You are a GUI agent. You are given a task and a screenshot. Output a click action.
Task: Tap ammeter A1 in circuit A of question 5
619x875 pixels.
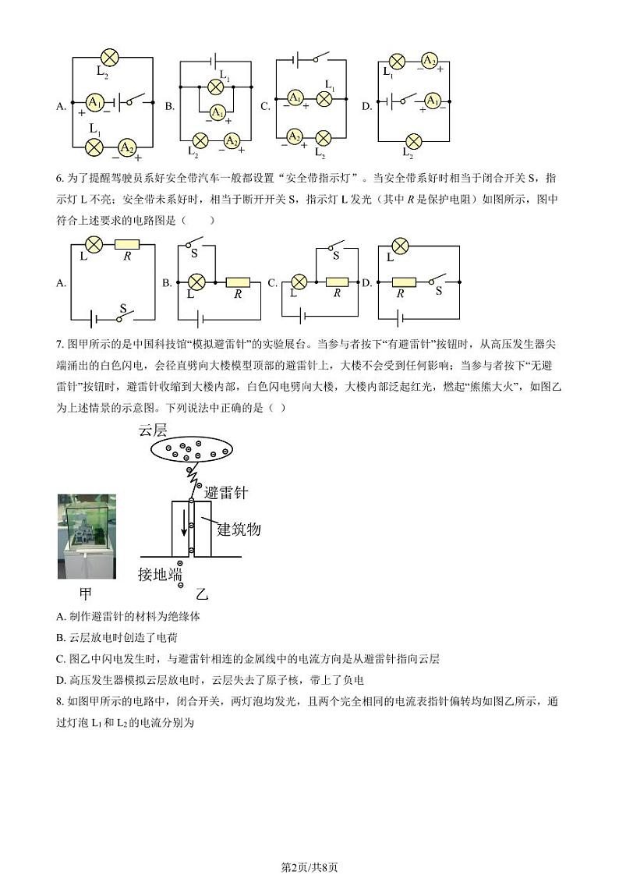tap(94, 102)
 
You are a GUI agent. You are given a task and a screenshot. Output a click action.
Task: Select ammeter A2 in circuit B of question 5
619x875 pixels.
tap(231, 140)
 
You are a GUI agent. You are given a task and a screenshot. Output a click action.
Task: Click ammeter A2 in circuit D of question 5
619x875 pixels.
tap(429, 61)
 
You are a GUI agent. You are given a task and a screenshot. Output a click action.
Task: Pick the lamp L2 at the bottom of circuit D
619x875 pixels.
tap(414, 140)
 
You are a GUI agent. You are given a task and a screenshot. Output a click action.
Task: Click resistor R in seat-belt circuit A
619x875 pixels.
tap(126, 245)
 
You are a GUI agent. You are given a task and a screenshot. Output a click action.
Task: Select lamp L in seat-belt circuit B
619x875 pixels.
tap(198, 282)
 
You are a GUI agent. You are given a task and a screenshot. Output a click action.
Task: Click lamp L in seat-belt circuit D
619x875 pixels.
tap(400, 246)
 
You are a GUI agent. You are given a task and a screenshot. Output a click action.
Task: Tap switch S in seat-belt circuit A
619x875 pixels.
tap(122, 317)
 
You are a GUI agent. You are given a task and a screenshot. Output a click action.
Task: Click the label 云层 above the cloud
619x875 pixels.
tap(153, 430)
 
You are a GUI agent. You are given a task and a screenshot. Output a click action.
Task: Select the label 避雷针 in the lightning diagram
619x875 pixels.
tap(225, 492)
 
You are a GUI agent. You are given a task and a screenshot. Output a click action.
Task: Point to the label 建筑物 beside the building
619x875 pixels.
tap(239, 530)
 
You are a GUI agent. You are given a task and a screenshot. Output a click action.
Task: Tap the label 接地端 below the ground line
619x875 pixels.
tap(159, 574)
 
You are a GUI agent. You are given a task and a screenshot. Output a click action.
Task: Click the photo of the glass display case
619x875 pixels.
tap(87, 536)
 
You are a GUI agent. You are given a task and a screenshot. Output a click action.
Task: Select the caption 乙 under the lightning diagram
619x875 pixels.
tap(202, 594)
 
